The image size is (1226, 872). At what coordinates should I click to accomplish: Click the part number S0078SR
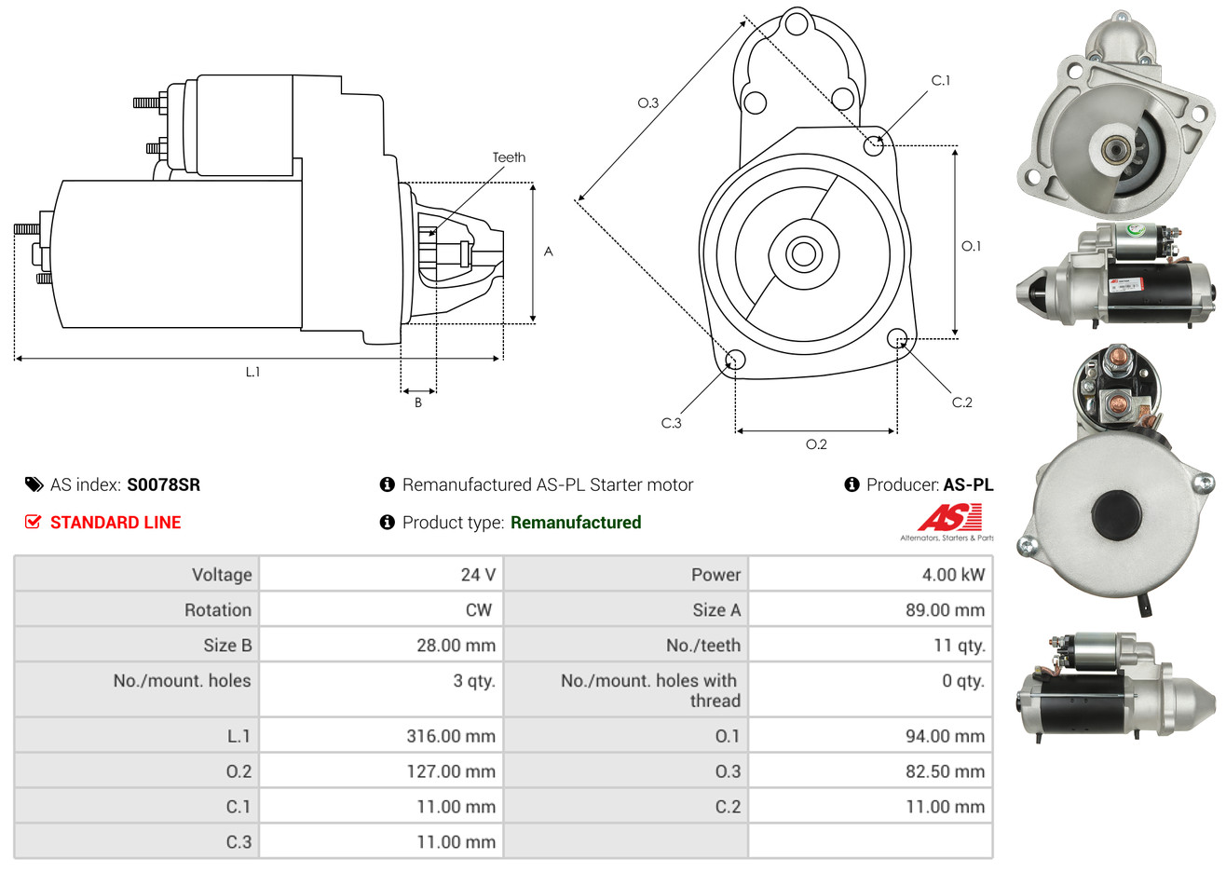point(164,485)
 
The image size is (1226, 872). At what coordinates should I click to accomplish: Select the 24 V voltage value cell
point(381,574)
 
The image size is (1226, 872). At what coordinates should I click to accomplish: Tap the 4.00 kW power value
point(953,574)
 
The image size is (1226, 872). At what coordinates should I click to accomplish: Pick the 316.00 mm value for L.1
point(451,736)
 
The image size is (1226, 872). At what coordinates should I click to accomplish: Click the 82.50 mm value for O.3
point(945,771)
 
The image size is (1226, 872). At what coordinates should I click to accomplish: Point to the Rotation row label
point(218,610)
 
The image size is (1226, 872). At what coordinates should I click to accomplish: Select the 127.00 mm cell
point(381,771)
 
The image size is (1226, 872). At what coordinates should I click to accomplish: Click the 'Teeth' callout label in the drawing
point(509,157)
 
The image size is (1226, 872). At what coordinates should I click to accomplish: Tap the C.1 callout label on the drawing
point(940,80)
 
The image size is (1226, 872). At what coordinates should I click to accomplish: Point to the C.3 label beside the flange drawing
point(671,423)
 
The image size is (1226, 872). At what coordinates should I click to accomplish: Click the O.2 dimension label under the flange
point(816,444)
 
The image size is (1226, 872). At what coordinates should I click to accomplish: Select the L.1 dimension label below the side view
point(252,373)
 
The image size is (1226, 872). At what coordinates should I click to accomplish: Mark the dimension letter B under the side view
point(418,402)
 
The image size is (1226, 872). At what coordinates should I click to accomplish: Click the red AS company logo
point(949,518)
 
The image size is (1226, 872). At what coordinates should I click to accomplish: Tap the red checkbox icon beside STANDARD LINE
point(33,522)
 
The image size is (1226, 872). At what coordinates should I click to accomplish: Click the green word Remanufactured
point(576,523)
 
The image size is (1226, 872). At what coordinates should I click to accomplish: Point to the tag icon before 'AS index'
point(34,485)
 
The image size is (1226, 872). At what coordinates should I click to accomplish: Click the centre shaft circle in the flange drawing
point(803,254)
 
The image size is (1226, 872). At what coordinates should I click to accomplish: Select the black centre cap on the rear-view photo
point(1116,514)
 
